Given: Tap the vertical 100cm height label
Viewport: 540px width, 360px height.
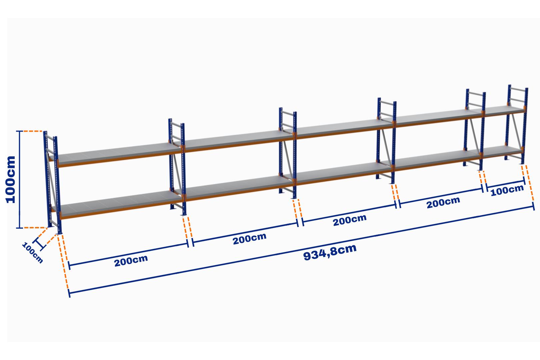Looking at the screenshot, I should pos(11,179).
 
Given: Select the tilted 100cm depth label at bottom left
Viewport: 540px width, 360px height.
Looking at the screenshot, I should pos(32,253).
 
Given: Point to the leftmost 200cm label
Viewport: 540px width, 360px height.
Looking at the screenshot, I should pos(131,261).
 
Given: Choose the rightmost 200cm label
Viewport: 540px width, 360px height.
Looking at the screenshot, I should pos(443,202).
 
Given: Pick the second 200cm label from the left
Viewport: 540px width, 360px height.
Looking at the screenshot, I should pos(250,238).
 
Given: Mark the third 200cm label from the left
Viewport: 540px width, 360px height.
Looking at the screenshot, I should pos(350,220).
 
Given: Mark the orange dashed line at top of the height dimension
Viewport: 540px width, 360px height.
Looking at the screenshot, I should pos(32,131).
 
